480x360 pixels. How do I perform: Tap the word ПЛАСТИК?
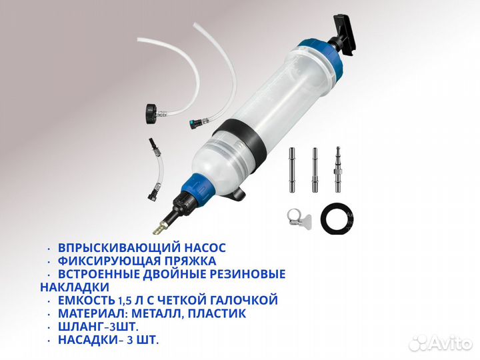click(217, 313)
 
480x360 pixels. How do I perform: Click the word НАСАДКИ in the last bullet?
click(88, 340)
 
